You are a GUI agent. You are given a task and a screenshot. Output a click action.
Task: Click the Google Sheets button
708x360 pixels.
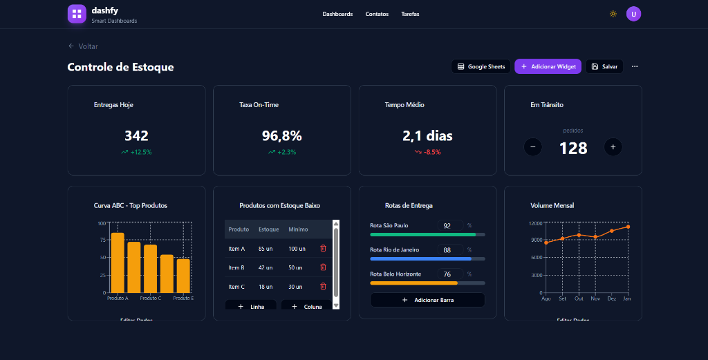[481, 66]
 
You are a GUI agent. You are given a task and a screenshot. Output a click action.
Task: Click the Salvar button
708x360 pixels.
[604, 66]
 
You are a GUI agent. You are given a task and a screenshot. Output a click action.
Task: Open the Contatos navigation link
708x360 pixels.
[377, 14]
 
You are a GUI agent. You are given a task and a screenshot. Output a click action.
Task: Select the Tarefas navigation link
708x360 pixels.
[410, 14]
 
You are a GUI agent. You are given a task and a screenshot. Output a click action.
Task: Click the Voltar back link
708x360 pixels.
[83, 46]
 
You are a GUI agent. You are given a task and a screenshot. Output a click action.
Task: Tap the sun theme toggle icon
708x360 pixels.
[613, 14]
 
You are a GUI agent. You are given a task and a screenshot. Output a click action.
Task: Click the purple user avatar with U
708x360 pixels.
[633, 14]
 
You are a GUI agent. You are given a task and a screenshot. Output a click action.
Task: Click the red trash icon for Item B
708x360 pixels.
[323, 267]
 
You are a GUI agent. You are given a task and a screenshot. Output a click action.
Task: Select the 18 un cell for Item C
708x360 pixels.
[265, 287]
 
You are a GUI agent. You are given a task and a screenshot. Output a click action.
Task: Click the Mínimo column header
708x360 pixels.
[298, 229]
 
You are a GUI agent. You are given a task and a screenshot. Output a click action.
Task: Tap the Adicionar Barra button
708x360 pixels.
[427, 300]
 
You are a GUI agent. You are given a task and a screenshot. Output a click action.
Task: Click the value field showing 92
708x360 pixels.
[449, 226]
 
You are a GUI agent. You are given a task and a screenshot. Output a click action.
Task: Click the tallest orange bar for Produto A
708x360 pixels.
[118, 263]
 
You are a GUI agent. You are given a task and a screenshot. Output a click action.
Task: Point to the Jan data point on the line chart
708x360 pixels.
[628, 227]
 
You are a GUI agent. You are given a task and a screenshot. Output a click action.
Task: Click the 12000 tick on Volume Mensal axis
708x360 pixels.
[536, 223]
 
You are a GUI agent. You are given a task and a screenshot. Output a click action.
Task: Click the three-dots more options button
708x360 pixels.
[635, 66]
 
